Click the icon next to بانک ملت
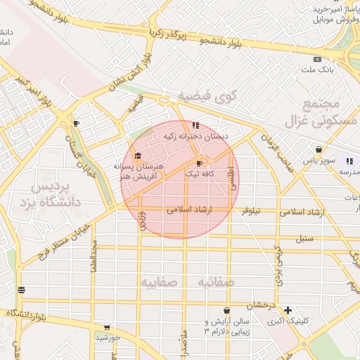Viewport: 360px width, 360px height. tap(317, 60)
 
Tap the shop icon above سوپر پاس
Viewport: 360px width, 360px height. tap(319, 150)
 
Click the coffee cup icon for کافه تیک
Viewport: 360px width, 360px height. tap(200, 163)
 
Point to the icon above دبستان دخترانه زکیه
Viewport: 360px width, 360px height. tap(186, 125)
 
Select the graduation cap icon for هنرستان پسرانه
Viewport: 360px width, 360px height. tap(138, 155)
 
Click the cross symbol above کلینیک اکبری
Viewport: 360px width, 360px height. tap(287, 310)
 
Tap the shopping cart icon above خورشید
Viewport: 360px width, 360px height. tap(107, 327)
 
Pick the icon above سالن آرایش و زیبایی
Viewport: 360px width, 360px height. tap(226, 310)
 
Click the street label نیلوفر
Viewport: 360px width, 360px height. tap(252, 210)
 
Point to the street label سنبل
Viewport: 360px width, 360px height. tap(304, 238)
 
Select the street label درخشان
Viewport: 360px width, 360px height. tap(259, 304)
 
